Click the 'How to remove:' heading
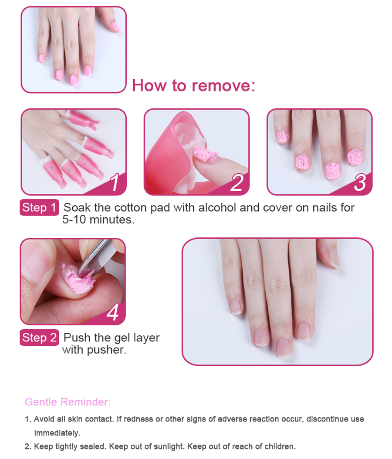tap(193, 85)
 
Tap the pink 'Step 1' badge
tap(39, 208)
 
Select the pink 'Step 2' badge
tap(39, 337)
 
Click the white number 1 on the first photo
tap(115, 182)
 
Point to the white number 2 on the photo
tap(237, 182)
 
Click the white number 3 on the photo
tap(360, 182)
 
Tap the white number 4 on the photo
tap(113, 312)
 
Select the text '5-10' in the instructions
tap(74, 219)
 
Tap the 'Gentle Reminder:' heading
tap(68, 402)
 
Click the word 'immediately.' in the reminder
tap(57, 433)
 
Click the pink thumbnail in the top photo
tap(116, 27)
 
